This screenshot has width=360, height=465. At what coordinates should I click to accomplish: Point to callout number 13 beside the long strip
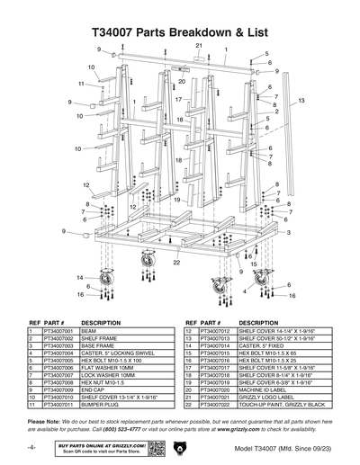[301, 100]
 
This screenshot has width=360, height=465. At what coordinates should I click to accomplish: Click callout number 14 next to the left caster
[79, 278]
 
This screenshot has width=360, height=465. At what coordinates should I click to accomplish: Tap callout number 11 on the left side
[80, 84]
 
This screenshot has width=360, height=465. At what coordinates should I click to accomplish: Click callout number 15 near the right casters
[253, 267]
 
